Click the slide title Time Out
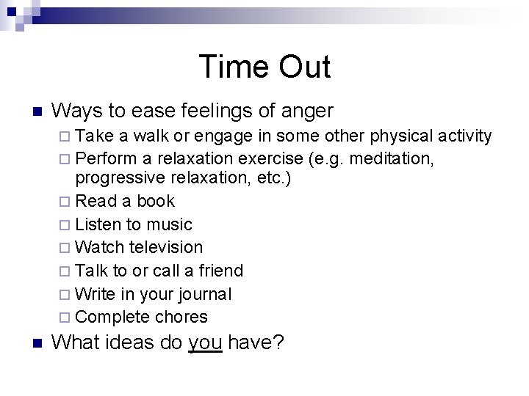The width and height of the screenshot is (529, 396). pos(264,67)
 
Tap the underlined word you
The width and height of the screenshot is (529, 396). pos(205,342)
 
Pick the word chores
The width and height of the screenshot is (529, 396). pos(181,318)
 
